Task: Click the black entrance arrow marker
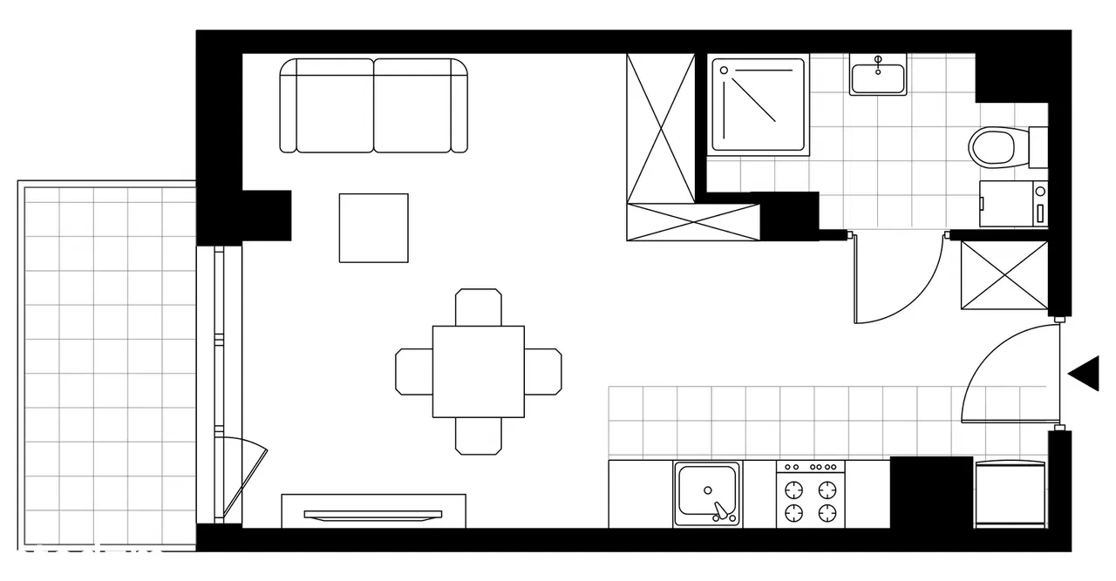[1086, 374]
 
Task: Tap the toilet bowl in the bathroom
[992, 146]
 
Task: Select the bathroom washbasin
[878, 76]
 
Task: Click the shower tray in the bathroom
[758, 105]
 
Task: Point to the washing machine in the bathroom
[1013, 204]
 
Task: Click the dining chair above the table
[479, 307]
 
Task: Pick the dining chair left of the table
[414, 371]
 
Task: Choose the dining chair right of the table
[542, 371]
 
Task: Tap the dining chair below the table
[479, 436]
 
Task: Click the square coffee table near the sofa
[374, 227]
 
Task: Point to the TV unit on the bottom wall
[373, 511]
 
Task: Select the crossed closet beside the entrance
[1004, 274]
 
